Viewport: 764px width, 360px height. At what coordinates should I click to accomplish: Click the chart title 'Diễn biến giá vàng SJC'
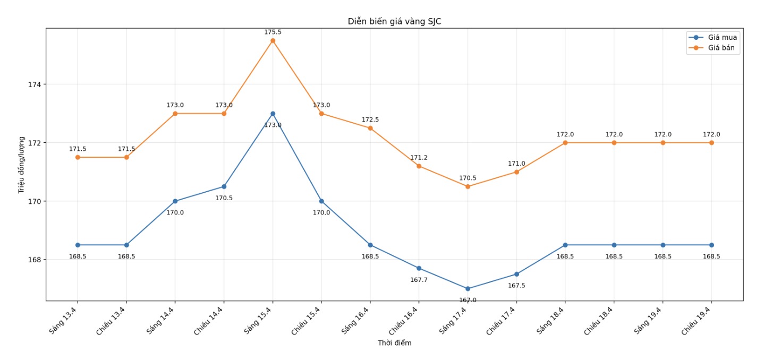tap(394, 21)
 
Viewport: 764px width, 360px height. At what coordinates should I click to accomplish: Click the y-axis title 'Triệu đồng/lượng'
tap(22, 165)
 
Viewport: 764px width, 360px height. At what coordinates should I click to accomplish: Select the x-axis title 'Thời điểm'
tap(394, 343)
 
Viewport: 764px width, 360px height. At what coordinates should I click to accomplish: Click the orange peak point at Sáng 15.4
tap(273, 40)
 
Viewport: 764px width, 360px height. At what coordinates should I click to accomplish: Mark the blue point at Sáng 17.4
tap(468, 289)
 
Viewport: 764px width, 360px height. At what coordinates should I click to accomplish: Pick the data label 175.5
tap(273, 32)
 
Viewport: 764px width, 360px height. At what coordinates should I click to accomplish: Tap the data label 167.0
tap(468, 300)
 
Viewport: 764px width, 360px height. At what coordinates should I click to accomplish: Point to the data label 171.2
tap(419, 158)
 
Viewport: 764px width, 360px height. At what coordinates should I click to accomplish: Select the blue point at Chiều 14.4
tap(224, 186)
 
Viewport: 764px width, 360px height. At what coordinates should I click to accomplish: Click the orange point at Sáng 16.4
tap(370, 128)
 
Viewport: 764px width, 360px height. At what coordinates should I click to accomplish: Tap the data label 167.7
tap(419, 280)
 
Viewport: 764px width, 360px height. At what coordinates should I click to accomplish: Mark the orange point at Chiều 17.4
tap(516, 172)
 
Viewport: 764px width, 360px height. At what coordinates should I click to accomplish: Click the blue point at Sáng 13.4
tap(78, 245)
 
